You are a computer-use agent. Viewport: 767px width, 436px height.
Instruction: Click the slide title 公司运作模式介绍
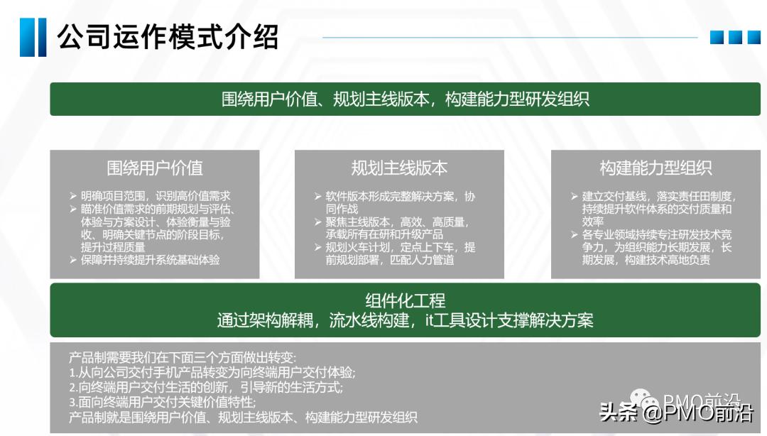tap(168, 37)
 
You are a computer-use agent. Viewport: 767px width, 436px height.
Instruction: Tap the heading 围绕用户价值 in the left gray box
tap(155, 168)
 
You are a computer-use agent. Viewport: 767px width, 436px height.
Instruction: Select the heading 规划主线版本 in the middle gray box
tap(399, 168)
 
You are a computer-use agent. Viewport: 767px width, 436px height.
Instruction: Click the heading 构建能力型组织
tap(656, 168)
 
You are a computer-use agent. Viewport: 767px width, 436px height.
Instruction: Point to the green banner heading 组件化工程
tap(405, 301)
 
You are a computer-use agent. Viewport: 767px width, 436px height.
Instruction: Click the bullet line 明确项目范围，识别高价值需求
tap(155, 196)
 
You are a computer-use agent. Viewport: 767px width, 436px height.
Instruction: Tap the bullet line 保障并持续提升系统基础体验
tap(150, 260)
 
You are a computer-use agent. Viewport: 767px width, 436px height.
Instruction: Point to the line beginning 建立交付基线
tap(659, 196)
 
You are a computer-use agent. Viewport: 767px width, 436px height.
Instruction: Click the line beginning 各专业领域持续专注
tap(656, 234)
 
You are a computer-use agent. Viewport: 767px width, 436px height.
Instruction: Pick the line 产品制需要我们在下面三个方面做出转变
tap(183, 357)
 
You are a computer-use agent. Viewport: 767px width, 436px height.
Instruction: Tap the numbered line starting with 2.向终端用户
tap(206, 388)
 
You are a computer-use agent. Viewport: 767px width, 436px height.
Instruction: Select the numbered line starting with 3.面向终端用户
tap(163, 403)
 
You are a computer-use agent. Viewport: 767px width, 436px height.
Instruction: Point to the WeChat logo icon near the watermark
tap(643, 403)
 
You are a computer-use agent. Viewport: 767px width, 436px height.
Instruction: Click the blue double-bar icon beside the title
tap(33, 37)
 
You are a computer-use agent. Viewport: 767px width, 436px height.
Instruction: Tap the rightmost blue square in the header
tap(754, 37)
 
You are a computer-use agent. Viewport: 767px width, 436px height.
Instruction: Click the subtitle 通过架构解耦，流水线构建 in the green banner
tap(405, 321)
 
